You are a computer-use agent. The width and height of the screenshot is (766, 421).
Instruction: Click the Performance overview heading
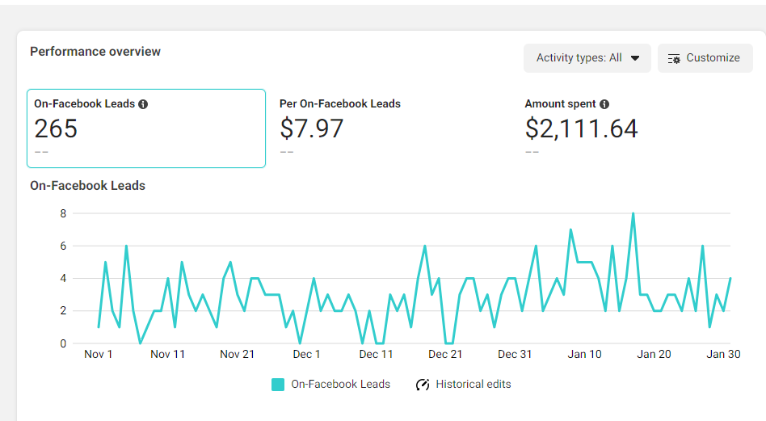click(95, 52)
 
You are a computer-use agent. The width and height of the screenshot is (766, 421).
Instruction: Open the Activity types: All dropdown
click(587, 58)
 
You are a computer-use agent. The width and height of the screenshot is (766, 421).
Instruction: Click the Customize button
click(705, 58)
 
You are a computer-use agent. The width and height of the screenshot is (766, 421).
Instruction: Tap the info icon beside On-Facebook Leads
click(143, 104)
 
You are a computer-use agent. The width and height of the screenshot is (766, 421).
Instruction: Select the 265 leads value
click(56, 128)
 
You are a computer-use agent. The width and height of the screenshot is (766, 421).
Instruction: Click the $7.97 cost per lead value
click(311, 128)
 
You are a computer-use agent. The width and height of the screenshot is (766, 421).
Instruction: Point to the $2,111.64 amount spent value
click(581, 128)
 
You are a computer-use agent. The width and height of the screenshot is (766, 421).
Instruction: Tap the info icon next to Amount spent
click(604, 104)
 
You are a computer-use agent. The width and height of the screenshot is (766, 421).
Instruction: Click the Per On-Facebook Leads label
click(339, 103)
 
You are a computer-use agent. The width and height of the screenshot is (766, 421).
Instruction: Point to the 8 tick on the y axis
click(62, 213)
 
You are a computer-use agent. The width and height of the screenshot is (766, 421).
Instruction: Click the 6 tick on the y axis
click(62, 246)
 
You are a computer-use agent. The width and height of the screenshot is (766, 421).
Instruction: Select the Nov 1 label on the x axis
click(99, 354)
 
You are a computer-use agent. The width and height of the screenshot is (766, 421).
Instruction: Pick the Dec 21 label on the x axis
click(445, 354)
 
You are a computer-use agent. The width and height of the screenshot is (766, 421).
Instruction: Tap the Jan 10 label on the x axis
click(584, 354)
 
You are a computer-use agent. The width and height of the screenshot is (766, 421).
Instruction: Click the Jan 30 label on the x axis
click(723, 354)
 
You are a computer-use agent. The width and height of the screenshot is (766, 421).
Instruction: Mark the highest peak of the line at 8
click(633, 214)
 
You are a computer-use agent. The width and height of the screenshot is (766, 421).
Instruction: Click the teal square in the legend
click(278, 385)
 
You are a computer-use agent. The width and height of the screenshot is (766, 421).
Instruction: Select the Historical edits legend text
click(473, 385)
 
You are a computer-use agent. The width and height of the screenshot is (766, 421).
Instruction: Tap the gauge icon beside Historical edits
click(423, 385)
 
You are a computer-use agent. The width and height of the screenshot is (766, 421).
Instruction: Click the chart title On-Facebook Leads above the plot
click(87, 186)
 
